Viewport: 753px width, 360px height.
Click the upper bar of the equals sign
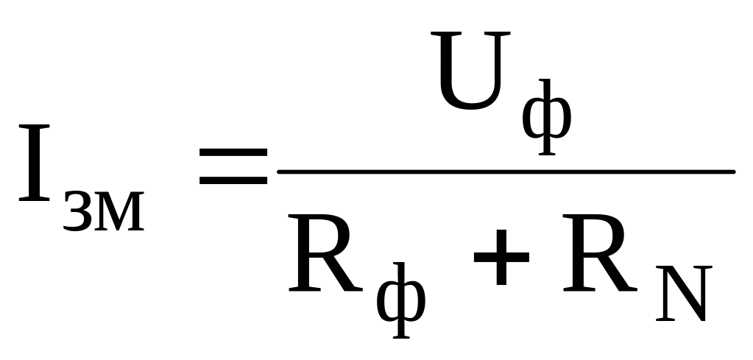[232, 152]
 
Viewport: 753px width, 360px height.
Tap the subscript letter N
[682, 295]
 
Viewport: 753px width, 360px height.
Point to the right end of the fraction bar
[732, 172]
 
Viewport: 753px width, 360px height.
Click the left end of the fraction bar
[280, 172]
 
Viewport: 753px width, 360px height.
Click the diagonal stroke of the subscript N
[682, 294]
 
